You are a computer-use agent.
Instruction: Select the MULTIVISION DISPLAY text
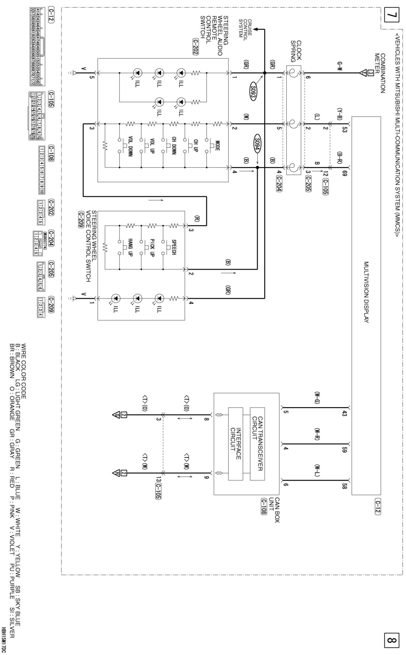(366, 292)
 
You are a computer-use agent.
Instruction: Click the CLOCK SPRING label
(296, 51)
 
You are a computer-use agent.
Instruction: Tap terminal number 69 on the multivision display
(345, 173)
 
